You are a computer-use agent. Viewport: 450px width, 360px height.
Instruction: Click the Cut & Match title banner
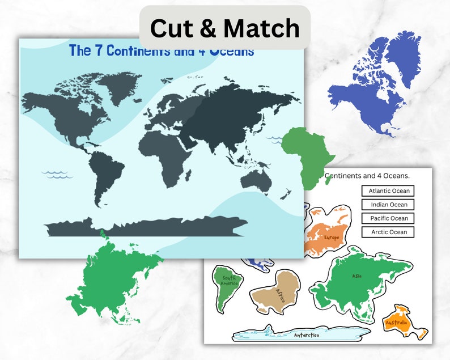pyautogui.click(x=224, y=27)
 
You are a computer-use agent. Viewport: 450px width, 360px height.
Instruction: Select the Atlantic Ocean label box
pyautogui.click(x=388, y=191)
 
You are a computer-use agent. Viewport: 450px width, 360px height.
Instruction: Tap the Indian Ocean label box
pyautogui.click(x=388, y=205)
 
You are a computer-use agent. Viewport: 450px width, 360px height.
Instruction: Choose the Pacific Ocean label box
pyautogui.click(x=388, y=218)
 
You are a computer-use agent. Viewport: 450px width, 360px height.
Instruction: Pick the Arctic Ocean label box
pyautogui.click(x=388, y=232)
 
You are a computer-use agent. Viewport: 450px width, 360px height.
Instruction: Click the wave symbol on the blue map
pyautogui.click(x=57, y=174)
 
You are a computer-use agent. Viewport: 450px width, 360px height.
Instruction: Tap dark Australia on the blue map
pyautogui.click(x=258, y=181)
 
